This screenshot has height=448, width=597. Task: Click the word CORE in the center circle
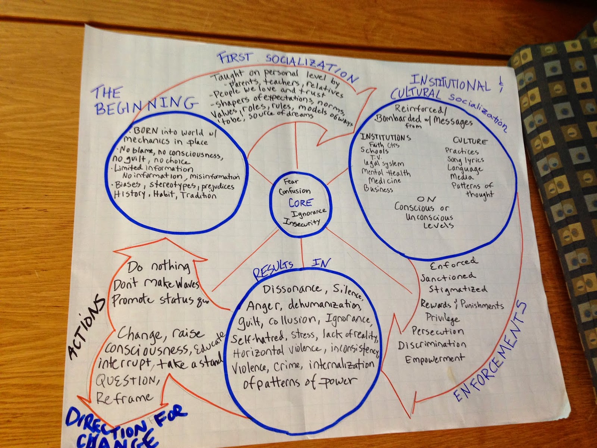[300, 203]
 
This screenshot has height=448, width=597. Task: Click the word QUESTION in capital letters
[125, 381]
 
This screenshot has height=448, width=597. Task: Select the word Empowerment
[435, 359]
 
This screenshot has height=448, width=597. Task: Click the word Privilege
[443, 318]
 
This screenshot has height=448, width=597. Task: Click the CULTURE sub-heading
[470, 141]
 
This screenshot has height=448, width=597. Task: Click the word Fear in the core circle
[291, 181]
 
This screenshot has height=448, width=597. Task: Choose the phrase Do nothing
[159, 267]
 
